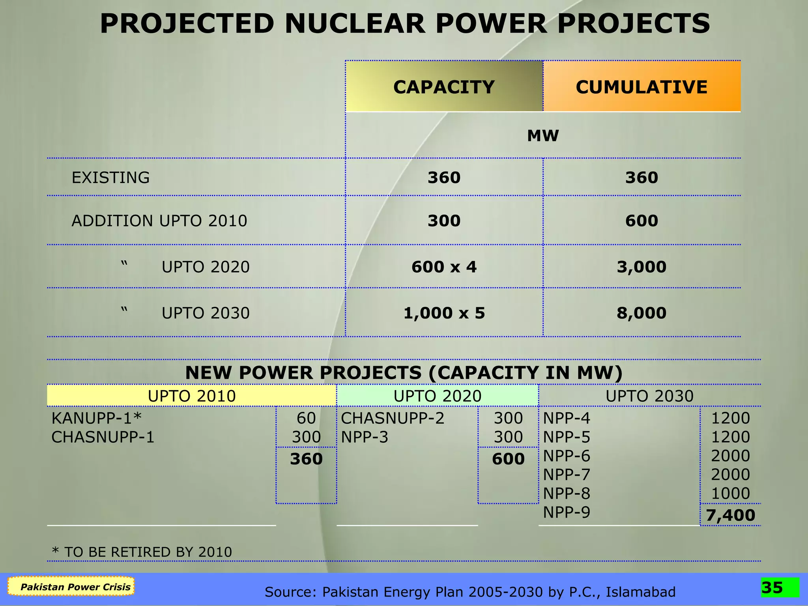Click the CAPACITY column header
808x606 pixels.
click(444, 87)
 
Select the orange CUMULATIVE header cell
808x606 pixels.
click(642, 87)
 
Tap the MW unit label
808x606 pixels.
click(543, 136)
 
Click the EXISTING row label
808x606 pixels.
click(110, 178)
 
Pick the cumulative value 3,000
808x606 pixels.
click(642, 267)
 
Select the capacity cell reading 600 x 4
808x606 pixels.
click(444, 267)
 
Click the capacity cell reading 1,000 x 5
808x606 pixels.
click(444, 313)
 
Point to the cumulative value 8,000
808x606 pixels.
click(642, 313)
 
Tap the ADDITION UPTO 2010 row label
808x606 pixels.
click(159, 221)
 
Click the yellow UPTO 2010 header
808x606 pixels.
click(191, 396)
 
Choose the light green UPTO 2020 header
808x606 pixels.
click(437, 396)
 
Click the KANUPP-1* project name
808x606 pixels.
click(96, 418)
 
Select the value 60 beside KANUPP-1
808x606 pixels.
click(306, 418)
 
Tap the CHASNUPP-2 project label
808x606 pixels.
click(393, 418)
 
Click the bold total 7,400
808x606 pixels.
click(730, 515)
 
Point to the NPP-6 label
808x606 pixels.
click(567, 456)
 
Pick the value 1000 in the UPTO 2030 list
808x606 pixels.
click(730, 494)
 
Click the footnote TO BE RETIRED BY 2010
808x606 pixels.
click(142, 552)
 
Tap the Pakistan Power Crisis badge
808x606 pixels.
click(71, 587)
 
